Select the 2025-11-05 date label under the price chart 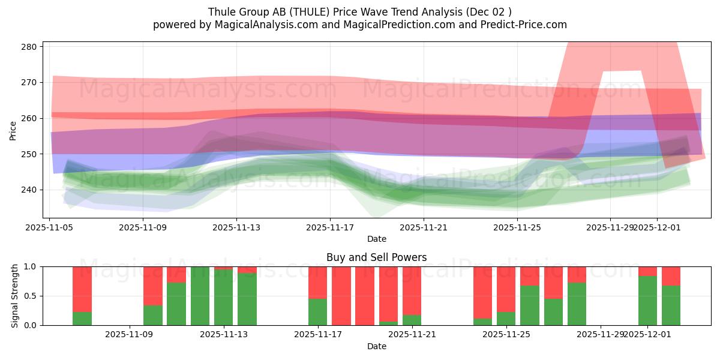point(49,228)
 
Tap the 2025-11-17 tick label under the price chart point(329,228)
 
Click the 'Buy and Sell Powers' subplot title point(376,257)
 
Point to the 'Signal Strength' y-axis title point(15,296)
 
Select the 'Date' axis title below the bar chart point(376,346)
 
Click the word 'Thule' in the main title point(221,12)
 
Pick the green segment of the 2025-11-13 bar point(223,297)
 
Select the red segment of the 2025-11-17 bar point(317,282)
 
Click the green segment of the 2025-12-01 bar point(647,300)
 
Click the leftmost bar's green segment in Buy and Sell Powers point(82,319)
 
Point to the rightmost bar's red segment point(671,275)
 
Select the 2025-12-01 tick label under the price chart point(656,228)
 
